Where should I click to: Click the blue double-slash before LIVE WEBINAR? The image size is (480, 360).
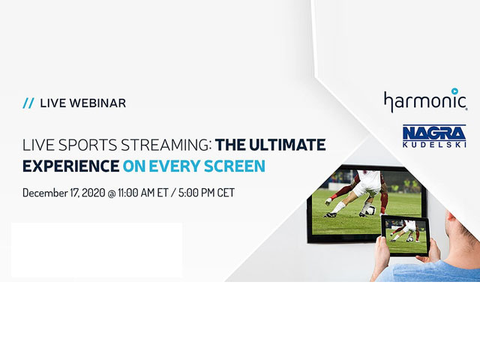pyautogui.click(x=28, y=103)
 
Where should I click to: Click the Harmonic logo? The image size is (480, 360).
pyautogui.click(x=425, y=100)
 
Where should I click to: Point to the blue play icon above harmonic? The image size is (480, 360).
pyautogui.click(x=455, y=91)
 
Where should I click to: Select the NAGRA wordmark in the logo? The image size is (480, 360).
pyautogui.click(x=434, y=133)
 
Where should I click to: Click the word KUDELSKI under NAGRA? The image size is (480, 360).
pyautogui.click(x=434, y=145)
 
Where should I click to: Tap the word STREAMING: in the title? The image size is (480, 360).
pyautogui.click(x=166, y=145)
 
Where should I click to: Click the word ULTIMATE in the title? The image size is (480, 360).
pyautogui.click(x=287, y=145)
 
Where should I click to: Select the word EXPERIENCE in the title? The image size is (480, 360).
pyautogui.click(x=70, y=166)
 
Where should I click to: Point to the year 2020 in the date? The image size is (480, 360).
pyautogui.click(x=93, y=193)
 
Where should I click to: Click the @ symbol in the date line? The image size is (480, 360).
pyautogui.click(x=111, y=193)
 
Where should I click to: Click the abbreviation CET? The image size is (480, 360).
pyautogui.click(x=226, y=193)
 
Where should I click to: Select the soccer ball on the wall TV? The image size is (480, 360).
pyautogui.click(x=371, y=210)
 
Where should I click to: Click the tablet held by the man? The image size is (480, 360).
pyautogui.click(x=405, y=235)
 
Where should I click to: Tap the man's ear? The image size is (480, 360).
pyautogui.click(x=449, y=217)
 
